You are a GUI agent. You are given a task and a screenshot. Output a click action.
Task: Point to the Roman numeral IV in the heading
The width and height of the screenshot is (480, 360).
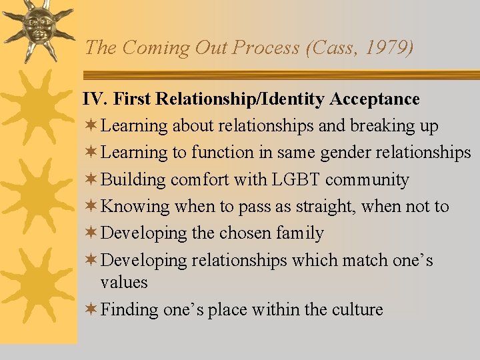pos(94,99)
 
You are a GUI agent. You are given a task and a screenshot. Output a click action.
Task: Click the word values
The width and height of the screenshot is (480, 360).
pos(124,282)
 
